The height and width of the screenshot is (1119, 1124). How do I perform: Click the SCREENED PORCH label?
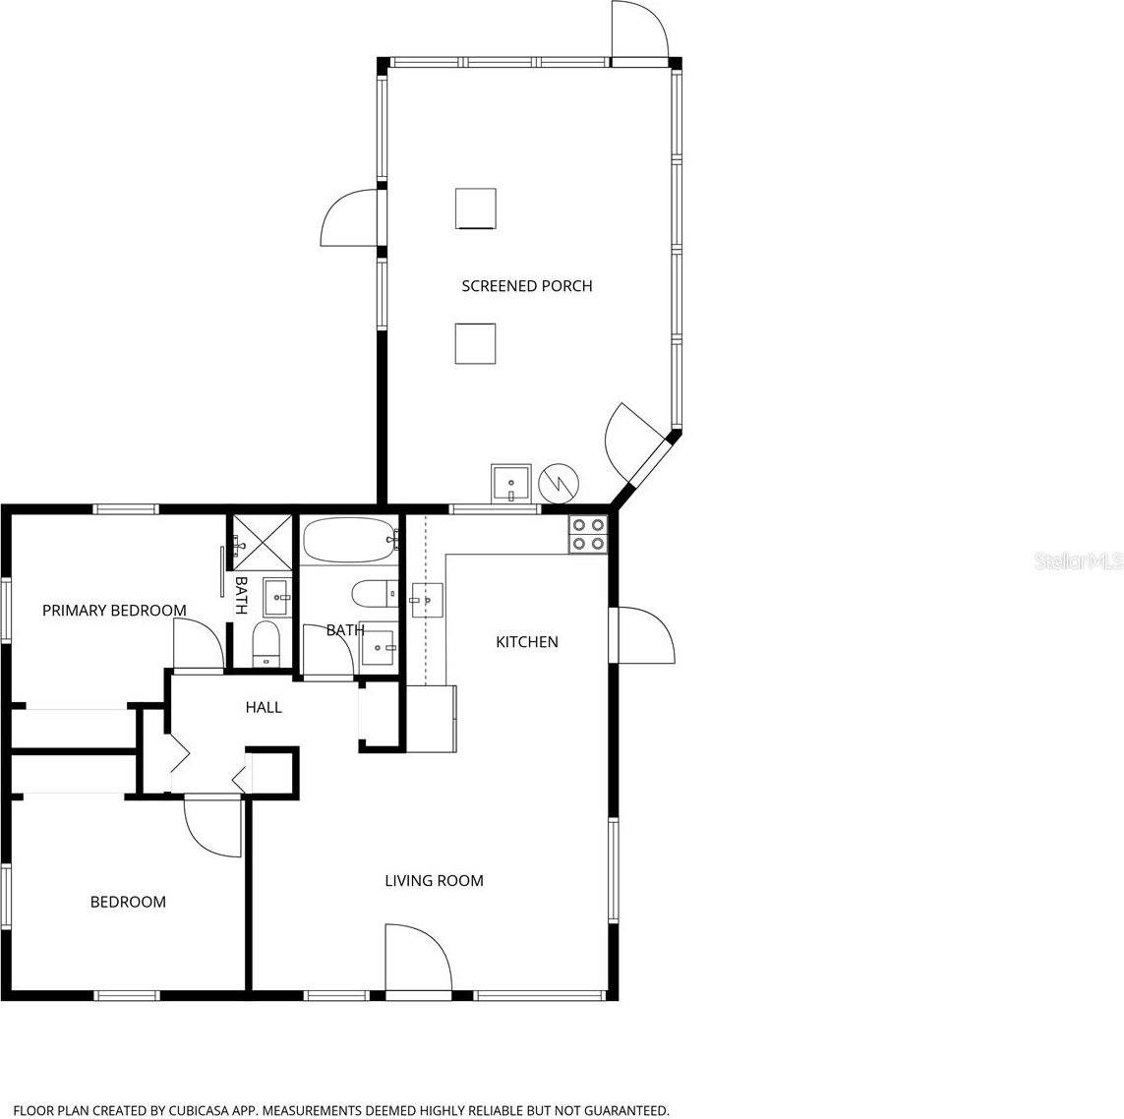point(527,286)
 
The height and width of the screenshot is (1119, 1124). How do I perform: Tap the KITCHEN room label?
point(526,642)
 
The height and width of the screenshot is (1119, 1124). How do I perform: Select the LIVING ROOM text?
point(434,881)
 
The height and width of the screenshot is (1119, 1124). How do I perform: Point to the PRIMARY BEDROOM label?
point(114,611)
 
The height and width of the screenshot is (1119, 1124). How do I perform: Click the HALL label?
point(264,707)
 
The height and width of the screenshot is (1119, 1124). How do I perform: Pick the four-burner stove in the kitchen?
point(588,533)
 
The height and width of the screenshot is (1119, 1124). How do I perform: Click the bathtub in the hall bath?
point(349,540)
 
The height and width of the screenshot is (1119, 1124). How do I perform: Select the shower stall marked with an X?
point(262,541)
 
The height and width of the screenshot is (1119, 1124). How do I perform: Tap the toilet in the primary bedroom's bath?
point(266,644)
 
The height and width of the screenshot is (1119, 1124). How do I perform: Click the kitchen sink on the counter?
point(427,597)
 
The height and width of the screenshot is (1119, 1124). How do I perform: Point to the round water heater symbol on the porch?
point(559,483)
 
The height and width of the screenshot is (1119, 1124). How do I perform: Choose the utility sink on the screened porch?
point(511,483)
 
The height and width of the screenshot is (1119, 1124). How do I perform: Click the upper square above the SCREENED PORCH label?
point(476,208)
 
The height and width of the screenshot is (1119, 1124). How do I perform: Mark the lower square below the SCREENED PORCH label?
point(475,343)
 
